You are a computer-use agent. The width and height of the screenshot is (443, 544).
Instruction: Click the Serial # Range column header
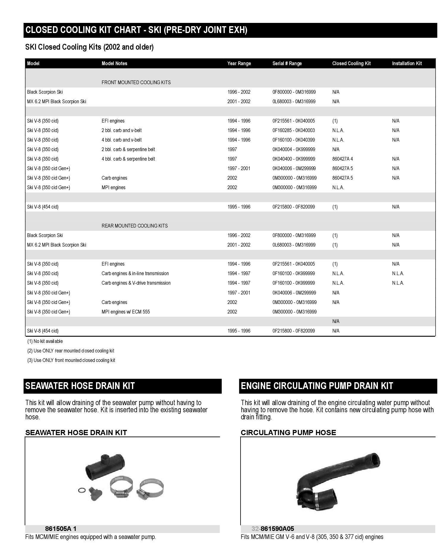pos(287,63)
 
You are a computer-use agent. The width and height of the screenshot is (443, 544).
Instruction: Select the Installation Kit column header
pos(407,63)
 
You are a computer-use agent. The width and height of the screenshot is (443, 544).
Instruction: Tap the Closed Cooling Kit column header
pos(351,63)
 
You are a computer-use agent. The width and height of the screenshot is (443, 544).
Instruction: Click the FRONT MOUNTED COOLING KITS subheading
pos(136,82)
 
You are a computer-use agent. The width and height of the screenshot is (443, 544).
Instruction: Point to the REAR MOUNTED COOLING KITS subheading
pos(135,226)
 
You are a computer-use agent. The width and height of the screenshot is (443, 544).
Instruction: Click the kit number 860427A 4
pos(343,159)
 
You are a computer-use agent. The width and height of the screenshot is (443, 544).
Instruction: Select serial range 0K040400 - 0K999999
pos(294,159)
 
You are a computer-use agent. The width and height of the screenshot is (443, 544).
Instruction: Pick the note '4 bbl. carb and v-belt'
pos(122,140)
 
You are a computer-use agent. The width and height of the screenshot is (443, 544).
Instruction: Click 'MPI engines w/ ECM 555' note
pos(126,312)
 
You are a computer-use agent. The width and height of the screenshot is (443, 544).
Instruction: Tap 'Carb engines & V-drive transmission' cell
pos(136,283)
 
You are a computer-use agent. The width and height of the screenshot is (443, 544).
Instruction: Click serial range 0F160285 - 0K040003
pos(294,130)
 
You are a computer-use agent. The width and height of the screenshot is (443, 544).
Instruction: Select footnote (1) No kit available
pos(45,341)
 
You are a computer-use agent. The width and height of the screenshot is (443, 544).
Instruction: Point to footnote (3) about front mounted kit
pos(71,360)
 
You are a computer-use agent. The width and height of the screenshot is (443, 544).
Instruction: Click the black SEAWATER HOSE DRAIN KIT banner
pos(122,386)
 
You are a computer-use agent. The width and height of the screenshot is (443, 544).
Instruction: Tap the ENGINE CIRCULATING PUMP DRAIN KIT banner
pos(338,386)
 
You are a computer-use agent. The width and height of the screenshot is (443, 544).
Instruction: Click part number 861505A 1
pos(61,529)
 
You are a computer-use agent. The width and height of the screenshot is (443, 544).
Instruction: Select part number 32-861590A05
pos(273,529)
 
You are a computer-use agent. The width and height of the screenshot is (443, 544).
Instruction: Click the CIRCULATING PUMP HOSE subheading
pos(288,432)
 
